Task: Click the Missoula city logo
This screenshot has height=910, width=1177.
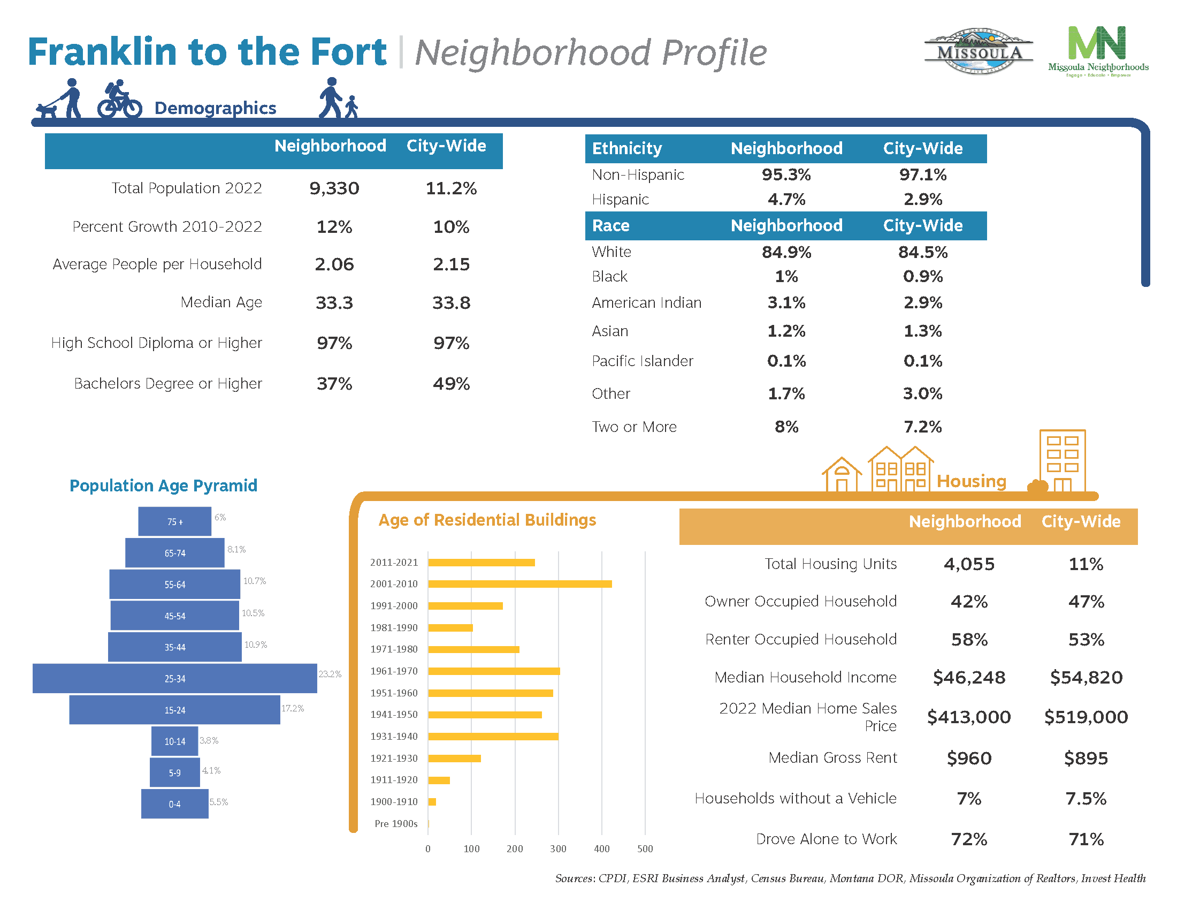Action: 979,52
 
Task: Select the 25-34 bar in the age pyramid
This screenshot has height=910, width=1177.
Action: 174,678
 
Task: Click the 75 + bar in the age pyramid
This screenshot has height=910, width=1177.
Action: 174,521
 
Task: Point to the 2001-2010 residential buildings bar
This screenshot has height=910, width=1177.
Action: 519,584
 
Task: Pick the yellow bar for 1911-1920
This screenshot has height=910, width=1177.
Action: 439,780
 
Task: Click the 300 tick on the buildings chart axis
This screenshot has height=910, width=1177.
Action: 558,848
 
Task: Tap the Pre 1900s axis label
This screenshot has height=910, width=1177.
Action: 395,823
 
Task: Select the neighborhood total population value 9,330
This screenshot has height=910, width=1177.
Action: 334,188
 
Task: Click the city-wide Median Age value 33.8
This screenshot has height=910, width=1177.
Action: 451,302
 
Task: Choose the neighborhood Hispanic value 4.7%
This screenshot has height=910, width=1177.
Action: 786,200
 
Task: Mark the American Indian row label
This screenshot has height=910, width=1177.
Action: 646,303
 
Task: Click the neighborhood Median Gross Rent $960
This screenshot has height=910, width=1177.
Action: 968,758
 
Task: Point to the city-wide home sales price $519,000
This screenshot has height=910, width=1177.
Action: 1086,717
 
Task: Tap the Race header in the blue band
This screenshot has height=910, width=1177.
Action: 610,225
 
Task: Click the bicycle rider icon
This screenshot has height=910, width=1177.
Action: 119,99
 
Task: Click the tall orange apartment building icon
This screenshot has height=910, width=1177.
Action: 1061,460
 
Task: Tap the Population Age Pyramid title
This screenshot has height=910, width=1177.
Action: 163,486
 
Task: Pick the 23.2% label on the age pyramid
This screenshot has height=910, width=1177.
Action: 330,674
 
